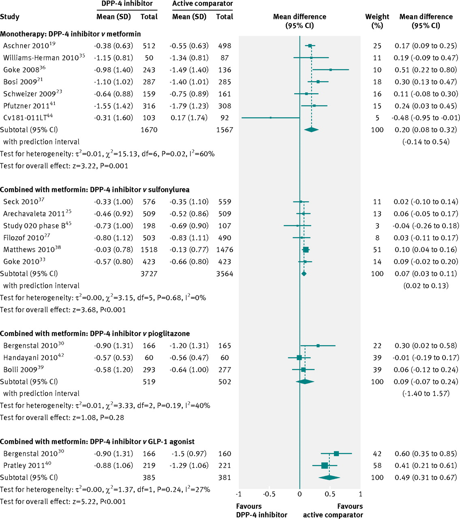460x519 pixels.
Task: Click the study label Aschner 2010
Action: tap(26, 46)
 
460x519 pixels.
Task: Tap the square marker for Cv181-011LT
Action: tap(271, 118)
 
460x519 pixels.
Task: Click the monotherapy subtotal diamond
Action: tap(311, 130)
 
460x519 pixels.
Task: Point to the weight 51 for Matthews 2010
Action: tap(377, 250)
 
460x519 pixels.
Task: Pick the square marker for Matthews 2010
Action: tap(306, 250)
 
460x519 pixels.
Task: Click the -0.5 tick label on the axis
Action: tap(269, 494)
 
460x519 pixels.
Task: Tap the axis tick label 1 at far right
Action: tap(360, 494)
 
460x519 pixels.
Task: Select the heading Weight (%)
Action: tap(377, 21)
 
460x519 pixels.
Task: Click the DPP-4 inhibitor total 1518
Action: tap(149, 250)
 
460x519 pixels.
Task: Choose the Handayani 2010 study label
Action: tap(30, 358)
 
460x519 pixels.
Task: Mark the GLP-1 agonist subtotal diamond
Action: tap(329, 478)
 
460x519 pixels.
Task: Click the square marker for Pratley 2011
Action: tap(324, 465)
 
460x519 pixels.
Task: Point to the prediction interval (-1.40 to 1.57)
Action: tap(426, 394)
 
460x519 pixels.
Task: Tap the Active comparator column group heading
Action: tap(202, 4)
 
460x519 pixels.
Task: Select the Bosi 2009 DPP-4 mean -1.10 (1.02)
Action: tap(113, 82)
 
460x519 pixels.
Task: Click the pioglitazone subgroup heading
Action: tap(95, 334)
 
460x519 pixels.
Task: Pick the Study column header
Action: tap(10, 17)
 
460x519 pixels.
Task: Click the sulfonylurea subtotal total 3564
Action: tap(225, 274)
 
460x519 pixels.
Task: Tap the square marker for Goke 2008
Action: tap(331, 70)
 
